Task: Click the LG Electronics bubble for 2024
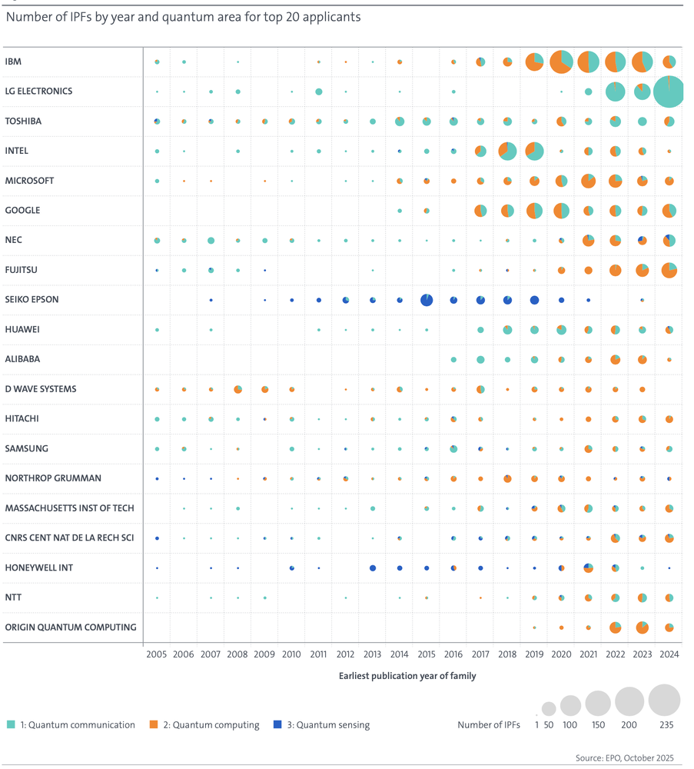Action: [669, 92]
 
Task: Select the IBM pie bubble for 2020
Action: [561, 62]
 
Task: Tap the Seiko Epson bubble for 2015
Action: [427, 300]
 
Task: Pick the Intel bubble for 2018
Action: [507, 151]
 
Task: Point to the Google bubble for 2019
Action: [534, 211]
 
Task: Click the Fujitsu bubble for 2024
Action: [669, 270]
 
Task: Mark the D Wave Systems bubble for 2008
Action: [237, 389]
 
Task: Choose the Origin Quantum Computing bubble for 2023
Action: [642, 628]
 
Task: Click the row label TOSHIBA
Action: [23, 122]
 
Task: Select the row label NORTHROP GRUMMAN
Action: [53, 478]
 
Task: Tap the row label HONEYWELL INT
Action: [38, 568]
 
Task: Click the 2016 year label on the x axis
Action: [453, 654]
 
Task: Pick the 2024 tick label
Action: [669, 654]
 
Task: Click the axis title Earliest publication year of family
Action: [407, 676]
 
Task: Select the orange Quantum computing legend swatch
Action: [154, 724]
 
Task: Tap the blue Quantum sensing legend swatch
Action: [277, 724]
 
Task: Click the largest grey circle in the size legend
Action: [664, 701]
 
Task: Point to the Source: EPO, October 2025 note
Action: [624, 758]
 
